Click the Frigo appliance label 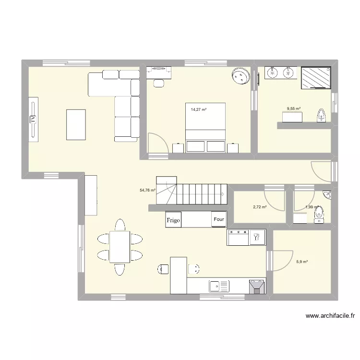(x=173, y=220)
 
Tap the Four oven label (x=219, y=220)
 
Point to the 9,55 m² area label (x=294, y=109)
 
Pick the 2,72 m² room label (x=260, y=207)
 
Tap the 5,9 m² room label (x=302, y=262)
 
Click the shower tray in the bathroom (x=316, y=77)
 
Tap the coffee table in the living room (x=76, y=124)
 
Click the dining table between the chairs (x=119, y=246)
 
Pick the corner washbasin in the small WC (x=327, y=195)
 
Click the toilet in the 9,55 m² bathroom (x=321, y=116)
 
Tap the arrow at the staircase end (x=223, y=194)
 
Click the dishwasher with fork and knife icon (x=257, y=237)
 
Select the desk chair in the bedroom (x=158, y=83)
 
